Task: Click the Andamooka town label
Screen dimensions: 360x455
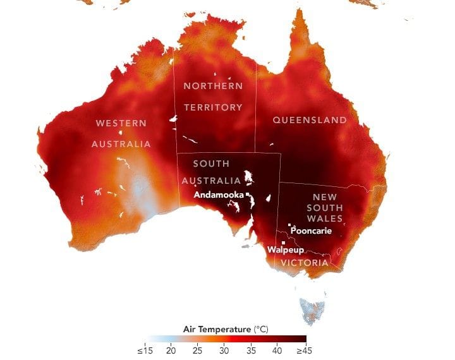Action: click(218, 195)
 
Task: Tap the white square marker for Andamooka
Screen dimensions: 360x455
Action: click(248, 195)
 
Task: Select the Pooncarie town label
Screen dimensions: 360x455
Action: click(311, 231)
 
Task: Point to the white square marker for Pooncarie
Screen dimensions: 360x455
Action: click(289, 225)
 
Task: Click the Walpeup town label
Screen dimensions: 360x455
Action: click(282, 250)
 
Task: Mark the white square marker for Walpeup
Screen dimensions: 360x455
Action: click(284, 243)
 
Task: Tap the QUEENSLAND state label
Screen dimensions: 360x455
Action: click(310, 120)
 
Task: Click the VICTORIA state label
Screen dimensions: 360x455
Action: click(305, 262)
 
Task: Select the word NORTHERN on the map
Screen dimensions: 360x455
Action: click(213, 86)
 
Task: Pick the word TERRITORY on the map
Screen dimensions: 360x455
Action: click(213, 107)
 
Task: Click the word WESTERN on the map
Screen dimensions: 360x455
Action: click(121, 123)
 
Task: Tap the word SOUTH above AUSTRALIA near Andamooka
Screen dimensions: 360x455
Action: click(211, 164)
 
